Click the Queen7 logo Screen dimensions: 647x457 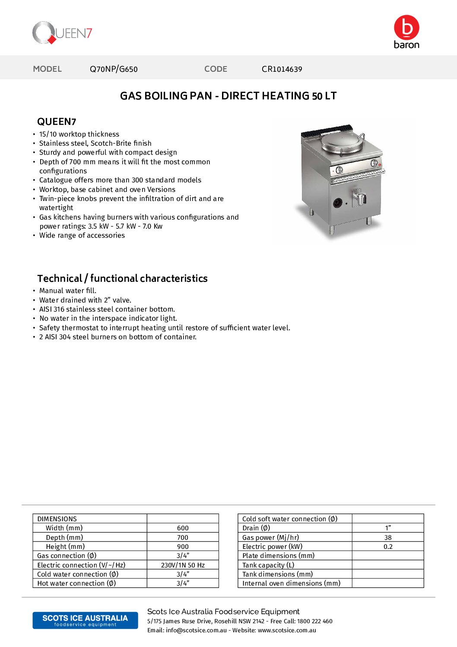point(62,33)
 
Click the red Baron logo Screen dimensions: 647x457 point(406,32)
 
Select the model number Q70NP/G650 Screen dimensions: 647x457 point(114,69)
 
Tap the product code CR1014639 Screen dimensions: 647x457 point(282,69)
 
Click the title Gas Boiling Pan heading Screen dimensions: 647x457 point(228,96)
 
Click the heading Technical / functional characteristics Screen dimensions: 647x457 point(122,278)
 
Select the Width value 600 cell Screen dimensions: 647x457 point(183,528)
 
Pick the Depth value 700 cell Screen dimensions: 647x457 point(183,538)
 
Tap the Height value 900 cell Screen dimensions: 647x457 point(183,547)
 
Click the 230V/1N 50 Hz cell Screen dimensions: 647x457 point(183,565)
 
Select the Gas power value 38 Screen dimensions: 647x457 point(388,538)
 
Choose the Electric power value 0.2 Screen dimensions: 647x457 point(388,547)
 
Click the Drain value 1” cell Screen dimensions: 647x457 point(388,528)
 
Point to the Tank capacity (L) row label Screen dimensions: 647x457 point(268,565)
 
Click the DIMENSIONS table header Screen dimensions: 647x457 point(57,519)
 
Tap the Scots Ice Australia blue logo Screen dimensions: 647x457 point(85,620)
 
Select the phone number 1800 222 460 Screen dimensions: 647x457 point(314,622)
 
